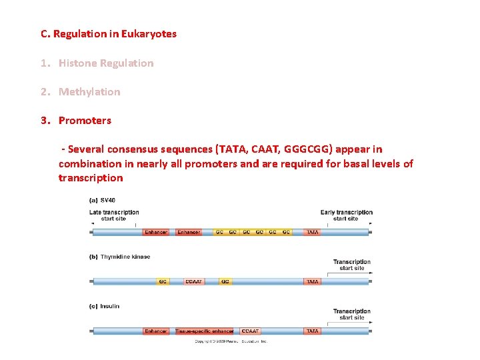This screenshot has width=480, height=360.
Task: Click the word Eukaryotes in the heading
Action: [x=149, y=33]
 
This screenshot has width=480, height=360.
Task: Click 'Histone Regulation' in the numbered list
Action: [x=106, y=63]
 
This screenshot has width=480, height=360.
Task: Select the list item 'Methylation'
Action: [x=89, y=92]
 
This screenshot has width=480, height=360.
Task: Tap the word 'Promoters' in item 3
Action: [x=85, y=121]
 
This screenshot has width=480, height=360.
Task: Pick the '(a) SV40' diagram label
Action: [x=103, y=200]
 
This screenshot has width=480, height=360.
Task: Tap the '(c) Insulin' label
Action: [x=105, y=306]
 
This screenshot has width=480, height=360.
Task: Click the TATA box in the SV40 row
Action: [x=312, y=232]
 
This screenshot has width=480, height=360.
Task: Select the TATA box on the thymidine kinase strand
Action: [x=312, y=281]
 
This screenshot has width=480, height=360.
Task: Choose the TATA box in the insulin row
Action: [x=312, y=331]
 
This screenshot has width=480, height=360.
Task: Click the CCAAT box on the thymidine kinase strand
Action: [x=194, y=281]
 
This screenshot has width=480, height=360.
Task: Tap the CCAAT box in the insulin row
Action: [x=250, y=331]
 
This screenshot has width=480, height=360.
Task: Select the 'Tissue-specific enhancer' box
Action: [x=204, y=331]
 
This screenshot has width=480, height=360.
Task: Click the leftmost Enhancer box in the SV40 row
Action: [x=156, y=232]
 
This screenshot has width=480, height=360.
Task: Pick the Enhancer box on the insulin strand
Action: [x=156, y=331]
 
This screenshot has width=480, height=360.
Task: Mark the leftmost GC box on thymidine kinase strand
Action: [x=163, y=281]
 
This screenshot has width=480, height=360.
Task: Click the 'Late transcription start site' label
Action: [x=114, y=215]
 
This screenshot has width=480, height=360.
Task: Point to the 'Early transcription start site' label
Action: [x=346, y=215]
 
